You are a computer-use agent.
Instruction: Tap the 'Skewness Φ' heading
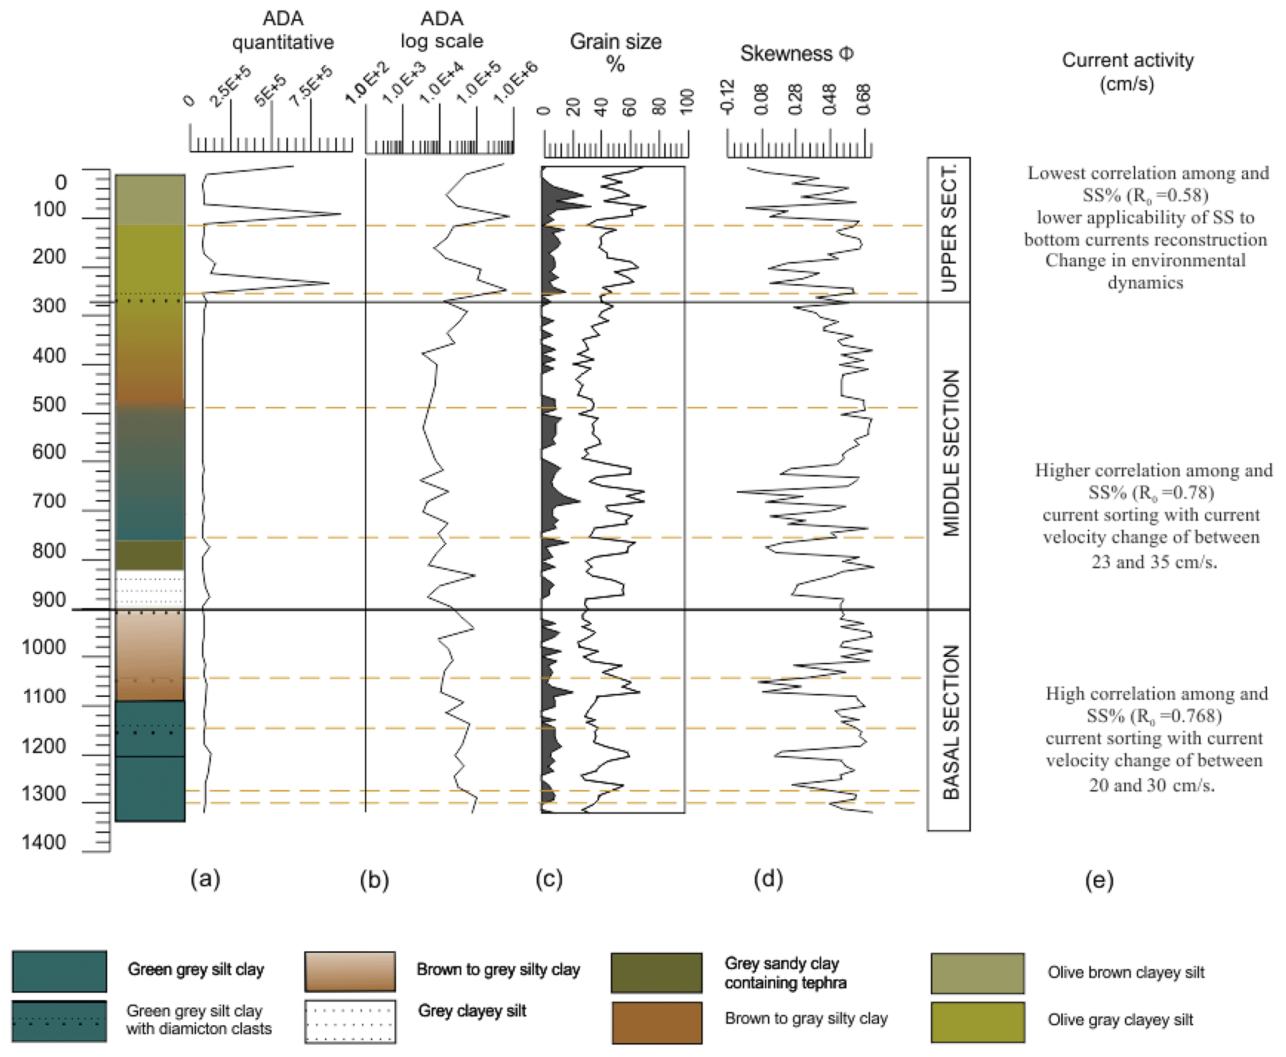tap(796, 54)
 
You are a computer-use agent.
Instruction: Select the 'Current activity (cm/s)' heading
tap(1127, 72)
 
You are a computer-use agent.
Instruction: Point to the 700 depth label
tap(49, 501)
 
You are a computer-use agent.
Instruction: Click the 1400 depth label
tap(44, 842)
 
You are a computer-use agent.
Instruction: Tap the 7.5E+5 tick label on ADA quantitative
tap(311, 86)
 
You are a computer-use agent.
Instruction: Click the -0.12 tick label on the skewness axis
tap(727, 97)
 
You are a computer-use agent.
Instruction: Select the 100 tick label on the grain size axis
tap(687, 101)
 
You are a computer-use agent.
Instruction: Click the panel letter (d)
tap(768, 878)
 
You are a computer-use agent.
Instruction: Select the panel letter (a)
tap(205, 878)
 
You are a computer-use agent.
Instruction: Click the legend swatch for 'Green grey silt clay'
tap(60, 971)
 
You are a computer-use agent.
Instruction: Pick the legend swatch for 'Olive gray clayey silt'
tap(977, 1022)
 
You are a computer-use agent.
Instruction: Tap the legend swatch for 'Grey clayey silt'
tap(350, 1021)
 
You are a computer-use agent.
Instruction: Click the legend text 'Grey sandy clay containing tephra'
tap(785, 973)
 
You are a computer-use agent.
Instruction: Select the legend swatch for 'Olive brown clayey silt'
tap(977, 973)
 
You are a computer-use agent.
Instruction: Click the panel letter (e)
tap(1099, 880)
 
